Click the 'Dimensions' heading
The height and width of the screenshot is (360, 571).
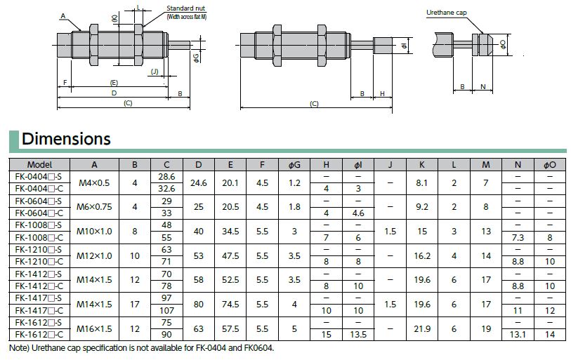pos(66,139)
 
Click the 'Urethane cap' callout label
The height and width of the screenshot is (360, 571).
pos(447,13)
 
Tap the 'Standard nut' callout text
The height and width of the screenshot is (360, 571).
pos(185,8)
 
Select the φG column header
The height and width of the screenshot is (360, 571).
pos(294,165)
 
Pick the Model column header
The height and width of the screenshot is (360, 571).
pos(39,165)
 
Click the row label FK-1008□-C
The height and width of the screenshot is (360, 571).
pos(39,238)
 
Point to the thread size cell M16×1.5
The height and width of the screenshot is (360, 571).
pos(94,328)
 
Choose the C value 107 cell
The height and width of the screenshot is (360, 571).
pos(166,310)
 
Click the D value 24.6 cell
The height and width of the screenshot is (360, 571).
pos(199,182)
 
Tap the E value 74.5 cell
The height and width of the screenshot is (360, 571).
pos(230,305)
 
